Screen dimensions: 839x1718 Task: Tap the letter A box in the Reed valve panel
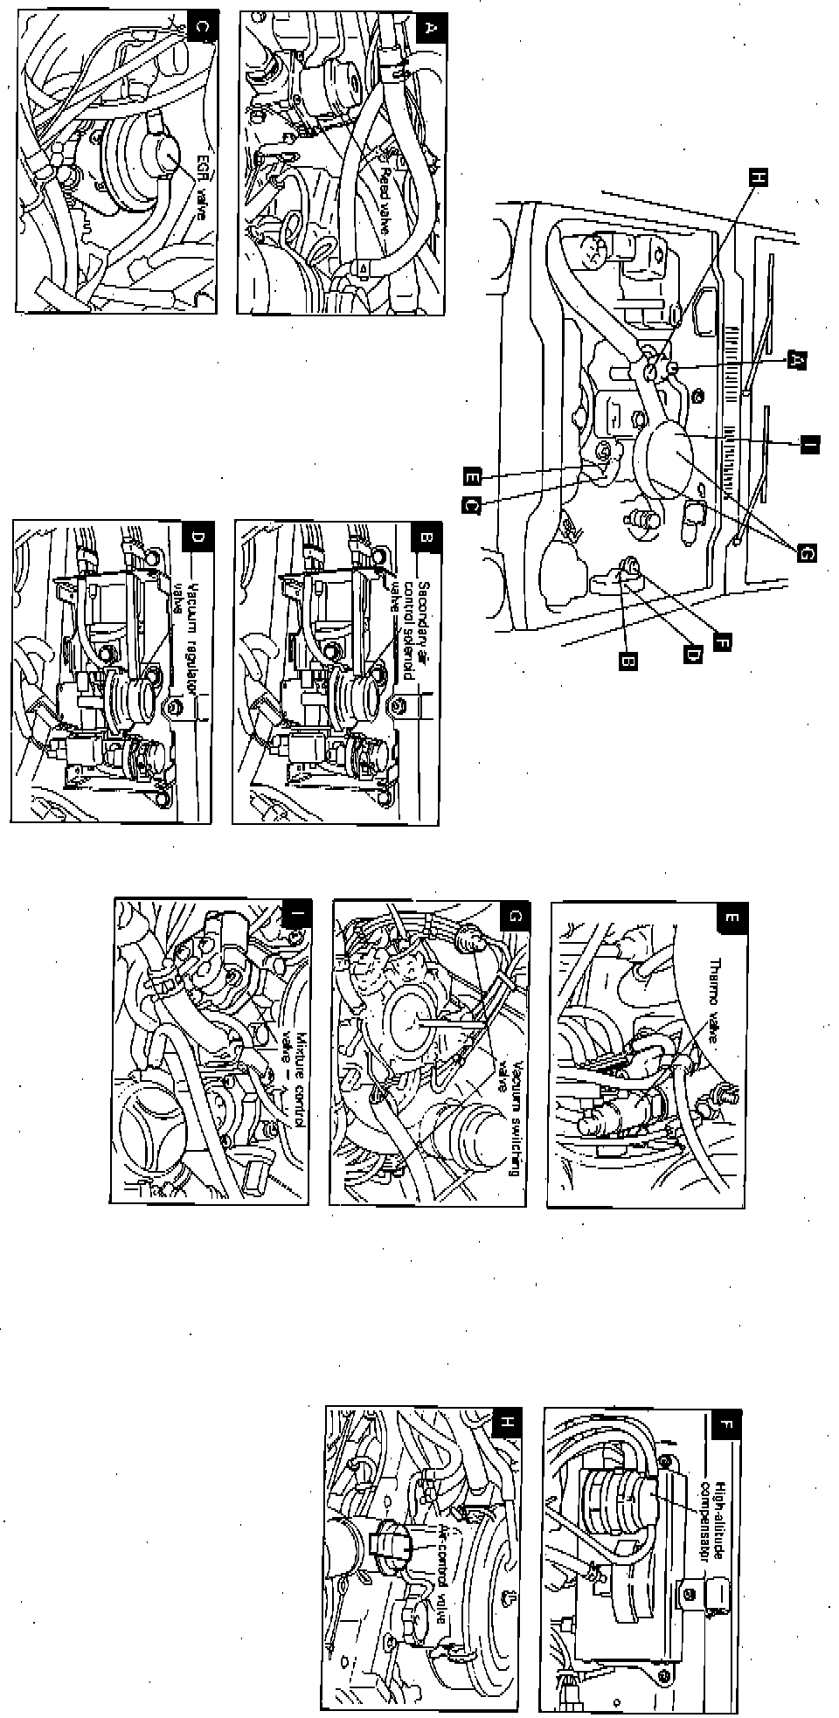(x=428, y=27)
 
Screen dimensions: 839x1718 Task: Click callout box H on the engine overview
(x=759, y=177)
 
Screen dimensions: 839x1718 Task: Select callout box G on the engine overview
(x=804, y=551)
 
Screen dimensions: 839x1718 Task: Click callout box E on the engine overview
(x=473, y=476)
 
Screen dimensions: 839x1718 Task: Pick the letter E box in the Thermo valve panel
(x=729, y=918)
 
